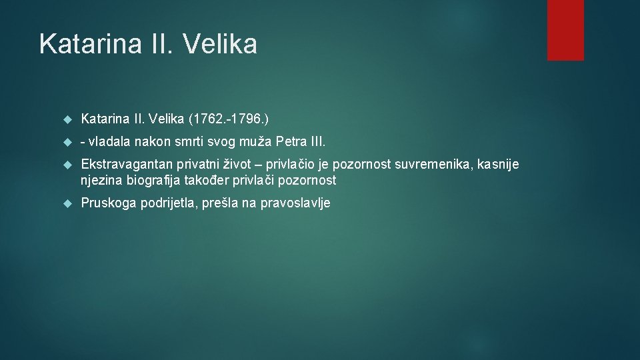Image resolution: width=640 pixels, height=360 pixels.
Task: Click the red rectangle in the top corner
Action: coord(565,30)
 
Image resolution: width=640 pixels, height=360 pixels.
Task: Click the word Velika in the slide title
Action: coord(219,45)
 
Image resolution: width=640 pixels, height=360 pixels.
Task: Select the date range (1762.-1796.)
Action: coord(229,119)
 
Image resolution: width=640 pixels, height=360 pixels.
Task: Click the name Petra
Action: coord(293,142)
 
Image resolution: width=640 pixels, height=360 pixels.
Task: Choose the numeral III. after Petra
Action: coord(319,142)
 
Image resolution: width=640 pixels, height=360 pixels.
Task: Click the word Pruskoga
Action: coord(108,203)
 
